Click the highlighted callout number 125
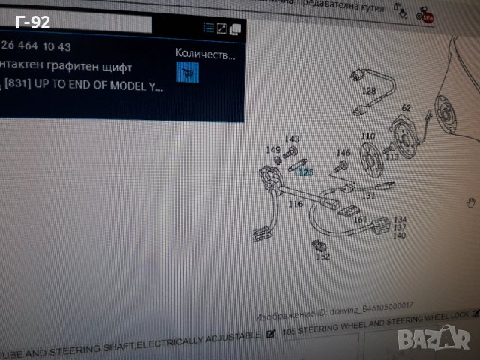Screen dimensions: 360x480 click(x=304, y=172)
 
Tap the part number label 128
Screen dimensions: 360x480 click(x=369, y=91)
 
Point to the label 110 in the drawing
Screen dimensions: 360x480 click(x=367, y=136)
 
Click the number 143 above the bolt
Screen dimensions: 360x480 click(x=292, y=139)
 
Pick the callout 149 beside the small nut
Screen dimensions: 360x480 click(x=274, y=149)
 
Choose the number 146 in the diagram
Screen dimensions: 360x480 click(x=343, y=153)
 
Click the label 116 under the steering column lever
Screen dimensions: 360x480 click(x=295, y=203)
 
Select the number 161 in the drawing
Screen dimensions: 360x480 click(x=361, y=220)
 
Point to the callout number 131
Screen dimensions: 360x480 click(x=368, y=195)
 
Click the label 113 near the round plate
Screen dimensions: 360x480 click(x=391, y=157)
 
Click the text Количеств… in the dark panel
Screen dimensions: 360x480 click(x=204, y=54)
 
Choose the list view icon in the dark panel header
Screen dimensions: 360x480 click(x=209, y=28)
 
